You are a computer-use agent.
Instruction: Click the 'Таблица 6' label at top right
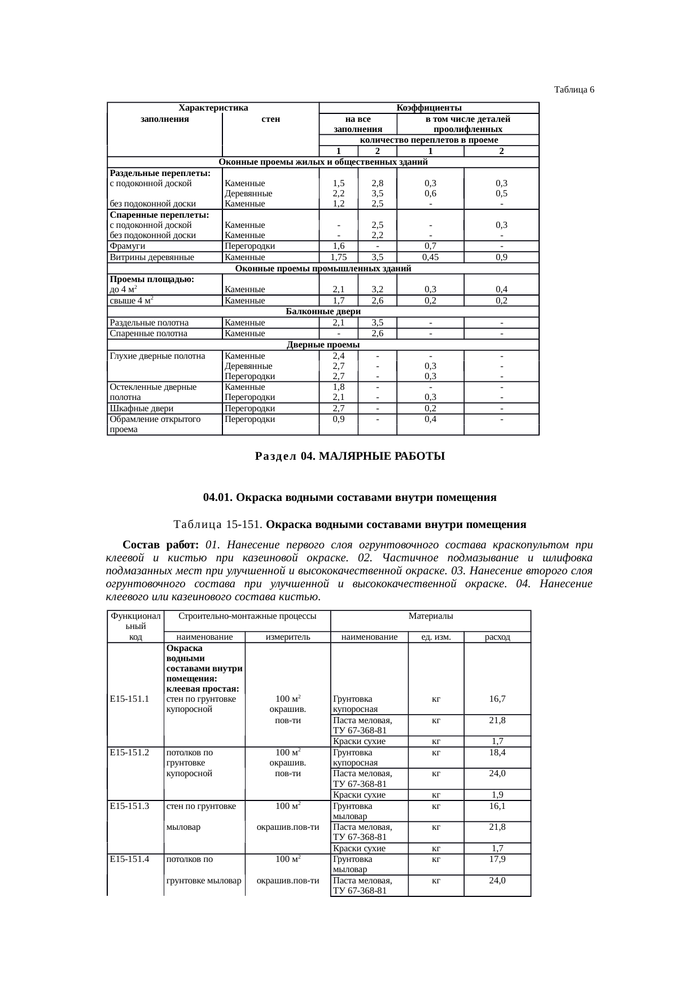point(574,90)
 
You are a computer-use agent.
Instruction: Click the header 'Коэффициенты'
point(429,108)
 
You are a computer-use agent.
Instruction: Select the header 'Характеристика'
point(213,108)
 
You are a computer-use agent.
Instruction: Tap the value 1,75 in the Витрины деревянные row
point(338,257)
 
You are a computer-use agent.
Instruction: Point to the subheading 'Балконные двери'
point(323,311)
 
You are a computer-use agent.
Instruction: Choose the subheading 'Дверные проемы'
point(323,345)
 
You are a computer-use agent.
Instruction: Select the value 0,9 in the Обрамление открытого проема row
point(338,419)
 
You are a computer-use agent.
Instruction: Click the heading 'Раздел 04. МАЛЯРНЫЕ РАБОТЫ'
point(350,456)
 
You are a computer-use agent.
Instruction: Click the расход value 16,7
point(497,699)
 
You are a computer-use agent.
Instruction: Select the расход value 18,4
point(497,753)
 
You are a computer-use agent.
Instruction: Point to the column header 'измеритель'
point(287,637)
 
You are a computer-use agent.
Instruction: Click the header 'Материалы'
point(431,616)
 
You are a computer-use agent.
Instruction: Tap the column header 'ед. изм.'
point(436,637)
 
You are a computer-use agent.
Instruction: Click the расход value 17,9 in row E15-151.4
point(497,859)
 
